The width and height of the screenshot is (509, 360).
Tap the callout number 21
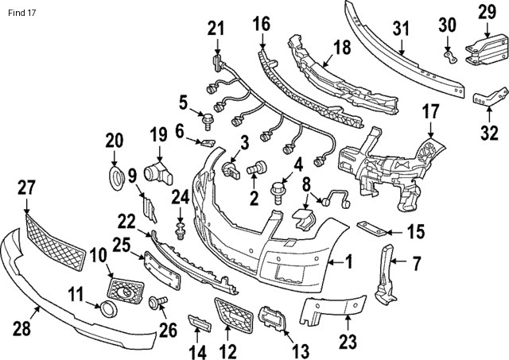click(216, 30)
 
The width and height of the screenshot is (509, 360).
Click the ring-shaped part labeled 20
click(115, 176)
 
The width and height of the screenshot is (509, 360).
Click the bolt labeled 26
click(157, 302)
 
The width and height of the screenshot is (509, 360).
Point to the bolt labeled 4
click(280, 192)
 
